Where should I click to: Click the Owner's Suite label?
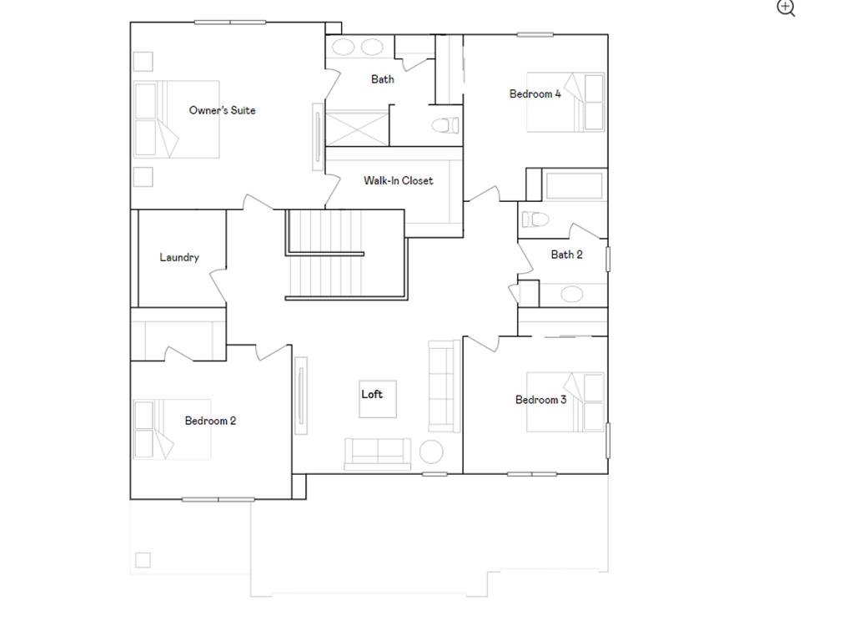[x=222, y=110]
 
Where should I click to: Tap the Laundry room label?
[x=179, y=257]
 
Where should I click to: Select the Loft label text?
[x=372, y=394]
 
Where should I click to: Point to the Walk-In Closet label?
[x=398, y=180]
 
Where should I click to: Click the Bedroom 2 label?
[x=210, y=421]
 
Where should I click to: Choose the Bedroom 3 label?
[x=540, y=400]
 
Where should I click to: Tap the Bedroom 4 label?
[x=535, y=93]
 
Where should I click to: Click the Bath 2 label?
[x=566, y=255]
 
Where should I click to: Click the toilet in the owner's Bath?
[x=446, y=126]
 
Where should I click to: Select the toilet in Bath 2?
[x=535, y=220]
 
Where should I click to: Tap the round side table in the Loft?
[x=431, y=452]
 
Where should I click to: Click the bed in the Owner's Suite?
[x=177, y=119]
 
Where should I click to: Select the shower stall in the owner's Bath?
[x=356, y=128]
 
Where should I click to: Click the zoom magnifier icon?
[x=786, y=8]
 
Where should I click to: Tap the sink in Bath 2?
[x=571, y=294]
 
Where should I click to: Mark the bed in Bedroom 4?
[x=565, y=103]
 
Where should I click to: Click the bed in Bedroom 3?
[x=565, y=401]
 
